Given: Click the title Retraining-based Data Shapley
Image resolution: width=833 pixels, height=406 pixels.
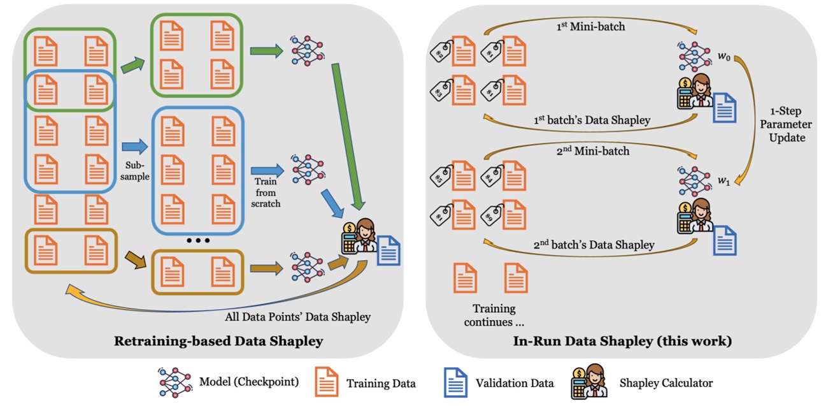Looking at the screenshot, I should [x=218, y=341].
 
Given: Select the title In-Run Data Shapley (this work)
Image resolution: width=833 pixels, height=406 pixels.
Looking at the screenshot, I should [x=622, y=341].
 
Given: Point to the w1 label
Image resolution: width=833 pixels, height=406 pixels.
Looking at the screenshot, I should [x=723, y=180].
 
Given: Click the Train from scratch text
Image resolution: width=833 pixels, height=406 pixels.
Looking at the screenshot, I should [x=266, y=191].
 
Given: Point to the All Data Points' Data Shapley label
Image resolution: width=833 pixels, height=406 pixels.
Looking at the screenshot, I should [x=297, y=316].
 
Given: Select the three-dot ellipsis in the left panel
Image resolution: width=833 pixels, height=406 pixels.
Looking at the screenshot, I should [x=198, y=241].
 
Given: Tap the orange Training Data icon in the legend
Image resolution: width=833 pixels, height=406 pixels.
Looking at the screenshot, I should [x=327, y=382].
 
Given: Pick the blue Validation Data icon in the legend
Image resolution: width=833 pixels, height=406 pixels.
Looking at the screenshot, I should [x=455, y=382].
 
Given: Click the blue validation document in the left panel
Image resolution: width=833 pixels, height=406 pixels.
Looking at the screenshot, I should [x=388, y=250].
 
